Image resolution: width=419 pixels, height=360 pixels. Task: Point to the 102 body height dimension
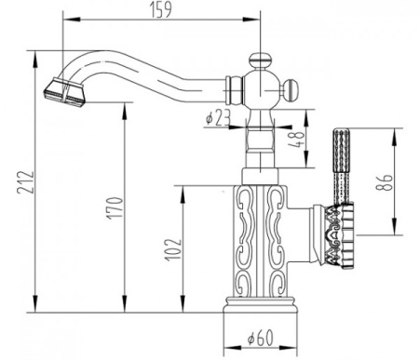[x=171, y=248]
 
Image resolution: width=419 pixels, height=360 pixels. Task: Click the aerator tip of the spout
[x=61, y=91]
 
